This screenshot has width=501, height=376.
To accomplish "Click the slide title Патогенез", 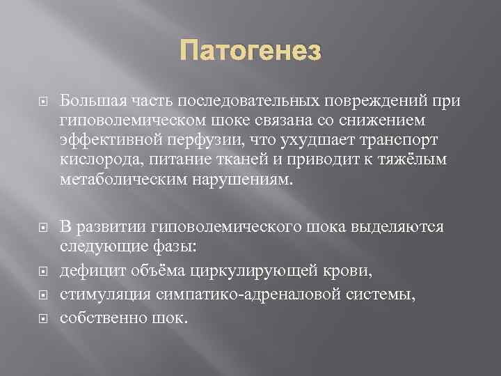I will [x=251, y=51].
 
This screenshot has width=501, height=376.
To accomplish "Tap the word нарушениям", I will [x=234, y=180].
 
